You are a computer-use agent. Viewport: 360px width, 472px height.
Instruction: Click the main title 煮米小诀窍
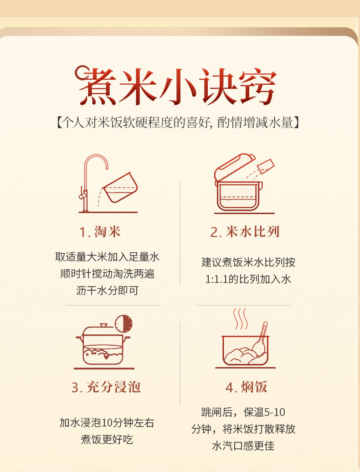(x=175, y=86)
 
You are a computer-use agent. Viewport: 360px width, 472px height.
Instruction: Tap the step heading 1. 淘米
(x=100, y=232)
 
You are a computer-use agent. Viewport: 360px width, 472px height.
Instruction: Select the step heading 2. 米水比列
(x=245, y=232)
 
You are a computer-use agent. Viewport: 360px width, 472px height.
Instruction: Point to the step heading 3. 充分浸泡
(x=106, y=387)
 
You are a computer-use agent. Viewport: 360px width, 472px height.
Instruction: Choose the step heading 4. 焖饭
(x=246, y=387)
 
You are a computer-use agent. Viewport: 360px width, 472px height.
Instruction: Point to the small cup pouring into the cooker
(x=266, y=166)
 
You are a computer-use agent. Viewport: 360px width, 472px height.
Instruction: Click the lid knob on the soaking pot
(x=104, y=325)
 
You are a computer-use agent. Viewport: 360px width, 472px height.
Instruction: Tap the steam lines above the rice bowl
(x=241, y=318)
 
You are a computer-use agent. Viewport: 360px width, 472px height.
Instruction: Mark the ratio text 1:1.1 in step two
(x=216, y=279)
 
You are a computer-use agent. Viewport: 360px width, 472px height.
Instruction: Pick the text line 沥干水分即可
(x=107, y=291)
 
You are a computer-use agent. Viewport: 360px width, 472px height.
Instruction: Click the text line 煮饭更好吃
(x=107, y=440)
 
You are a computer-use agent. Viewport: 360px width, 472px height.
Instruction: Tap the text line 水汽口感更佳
(x=243, y=446)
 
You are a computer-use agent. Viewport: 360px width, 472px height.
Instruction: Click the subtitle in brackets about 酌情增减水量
(x=178, y=123)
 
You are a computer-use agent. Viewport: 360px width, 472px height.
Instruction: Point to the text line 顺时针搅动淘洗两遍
(x=107, y=274)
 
